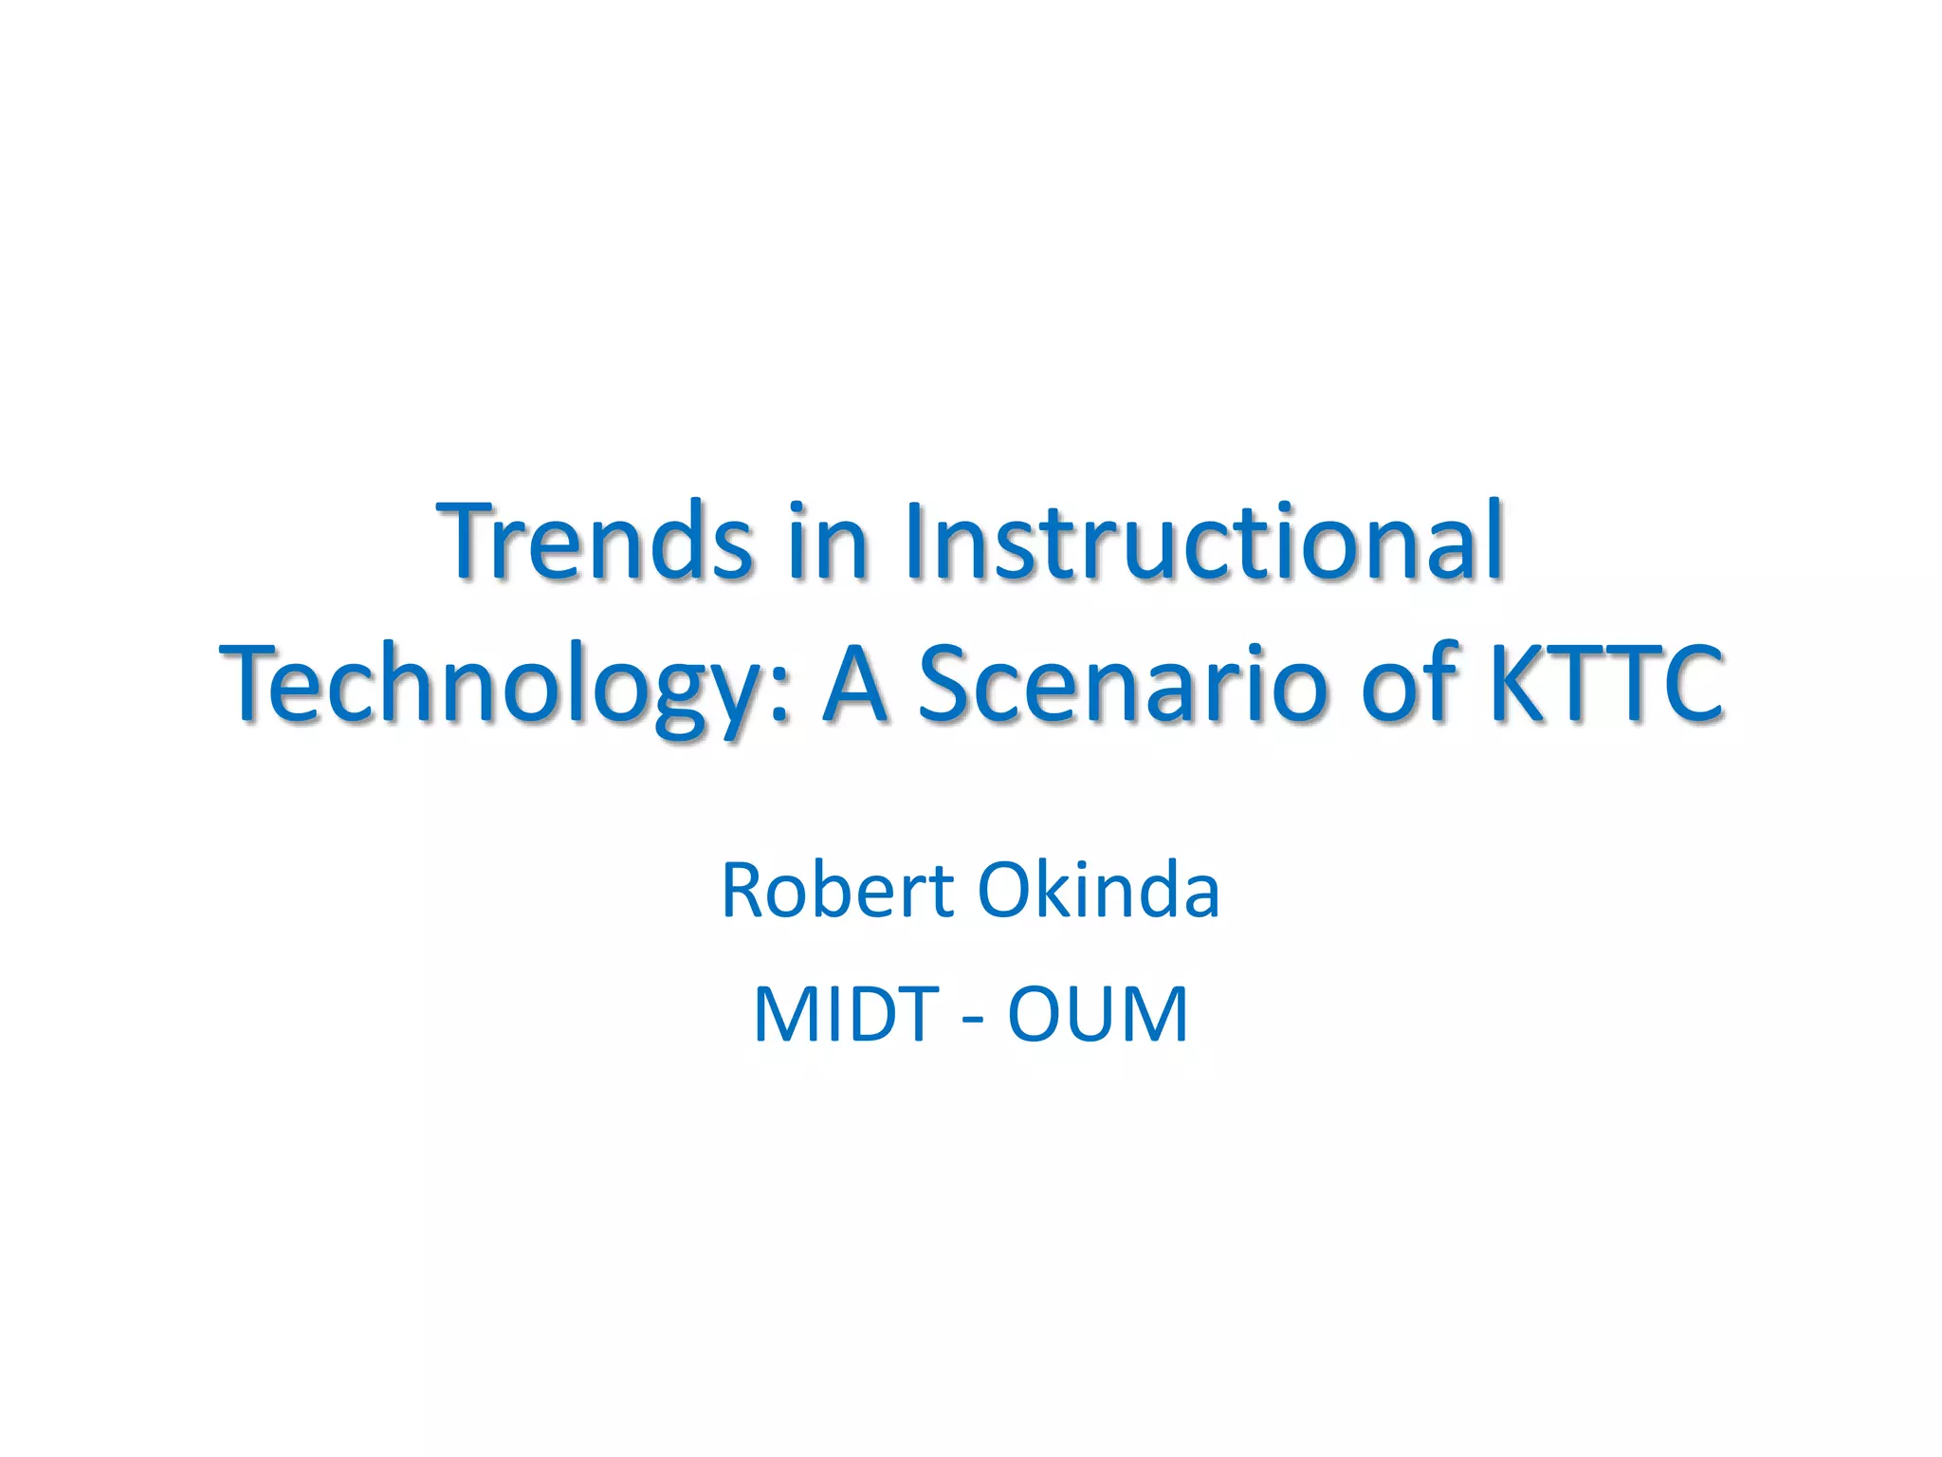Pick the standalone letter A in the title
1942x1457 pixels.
click(855, 683)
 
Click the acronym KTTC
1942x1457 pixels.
click(1606, 683)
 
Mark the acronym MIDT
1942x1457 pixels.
click(846, 1015)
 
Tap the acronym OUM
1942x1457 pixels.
click(1097, 1015)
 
